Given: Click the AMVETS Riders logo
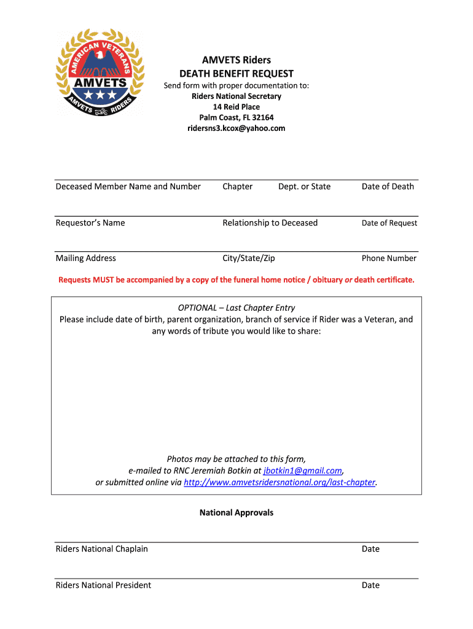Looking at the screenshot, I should pos(100,73).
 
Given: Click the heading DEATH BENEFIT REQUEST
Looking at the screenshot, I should pos(237,74).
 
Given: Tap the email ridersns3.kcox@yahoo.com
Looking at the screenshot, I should pos(237,128).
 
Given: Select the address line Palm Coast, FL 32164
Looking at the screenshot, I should pos(237,117).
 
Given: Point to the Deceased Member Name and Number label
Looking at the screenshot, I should pos(128,187).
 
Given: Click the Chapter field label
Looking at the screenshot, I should pos(238,187).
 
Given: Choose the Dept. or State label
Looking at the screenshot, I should pos(304,187).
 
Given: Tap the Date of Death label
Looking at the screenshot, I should pos(388,187).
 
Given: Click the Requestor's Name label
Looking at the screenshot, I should pos(90,223).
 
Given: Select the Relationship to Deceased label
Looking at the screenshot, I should pos(270,223).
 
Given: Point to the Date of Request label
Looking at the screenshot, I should pos(389,223).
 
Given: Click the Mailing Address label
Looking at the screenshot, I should pos(85,259).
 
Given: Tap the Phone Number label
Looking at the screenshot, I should pos(389,259).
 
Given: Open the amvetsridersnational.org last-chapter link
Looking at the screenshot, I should pos(279,482).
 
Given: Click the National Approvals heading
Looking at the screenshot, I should pos(237,512).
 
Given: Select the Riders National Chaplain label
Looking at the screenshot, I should pos(101,549).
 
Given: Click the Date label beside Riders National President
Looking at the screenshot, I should pos(370,585).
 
